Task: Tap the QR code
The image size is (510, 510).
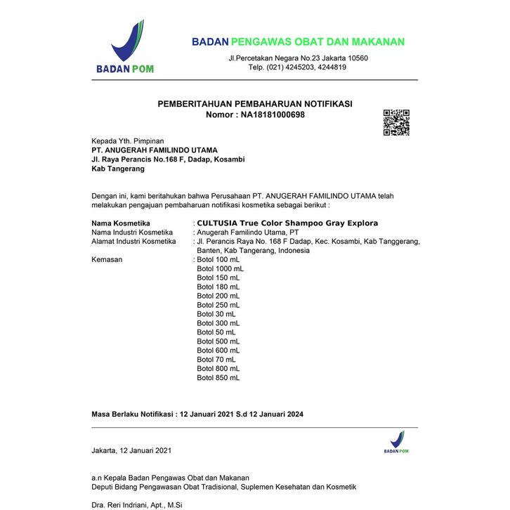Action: click(395, 123)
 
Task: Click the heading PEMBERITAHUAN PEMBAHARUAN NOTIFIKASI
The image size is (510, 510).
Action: click(255, 104)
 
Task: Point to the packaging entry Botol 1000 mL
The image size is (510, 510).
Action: click(221, 268)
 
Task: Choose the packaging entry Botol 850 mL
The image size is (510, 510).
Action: click(218, 378)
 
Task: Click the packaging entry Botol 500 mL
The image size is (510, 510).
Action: click(218, 341)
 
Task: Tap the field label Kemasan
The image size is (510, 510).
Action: click(107, 259)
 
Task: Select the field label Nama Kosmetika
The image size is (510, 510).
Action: click(122, 223)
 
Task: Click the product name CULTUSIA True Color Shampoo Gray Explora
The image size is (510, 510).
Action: click(287, 223)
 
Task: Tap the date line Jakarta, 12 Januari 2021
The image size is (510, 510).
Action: click(131, 450)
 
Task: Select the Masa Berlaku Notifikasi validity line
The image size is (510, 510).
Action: click(198, 414)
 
